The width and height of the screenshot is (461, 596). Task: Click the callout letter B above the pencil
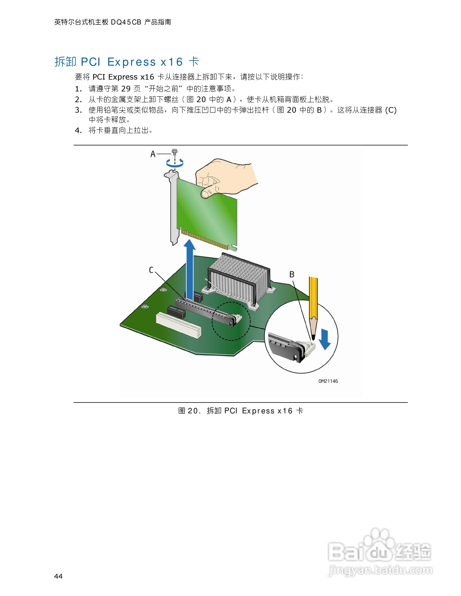point(292,274)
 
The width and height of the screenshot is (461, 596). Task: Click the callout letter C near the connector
point(151,270)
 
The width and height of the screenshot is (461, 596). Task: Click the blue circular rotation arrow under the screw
point(175,163)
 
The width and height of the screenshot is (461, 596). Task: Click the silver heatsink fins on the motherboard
point(235,276)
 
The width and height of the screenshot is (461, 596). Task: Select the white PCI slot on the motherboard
point(179,325)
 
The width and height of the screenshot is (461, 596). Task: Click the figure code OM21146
point(328,381)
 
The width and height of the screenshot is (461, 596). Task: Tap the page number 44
point(58,576)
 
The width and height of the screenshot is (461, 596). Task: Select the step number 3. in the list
point(78,110)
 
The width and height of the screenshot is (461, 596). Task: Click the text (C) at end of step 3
point(391,110)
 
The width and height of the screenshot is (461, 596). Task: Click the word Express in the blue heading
point(132,62)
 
